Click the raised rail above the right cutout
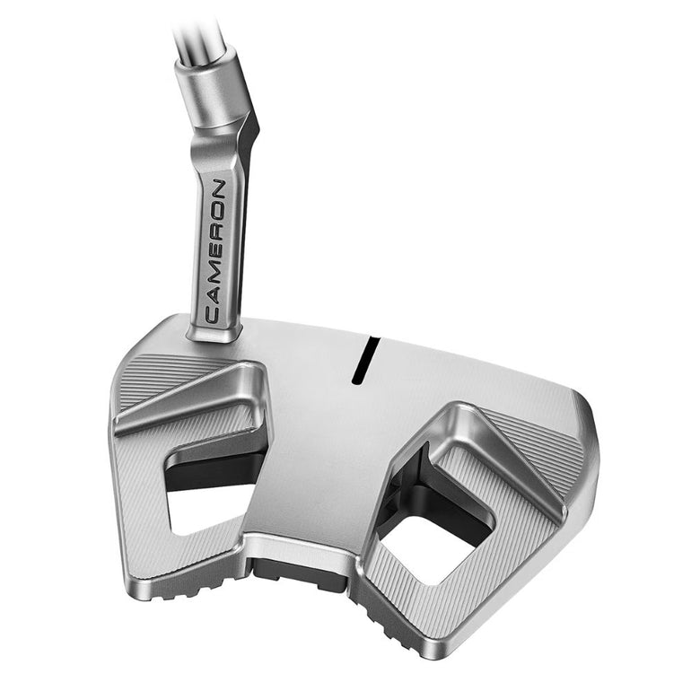click(503, 449)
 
